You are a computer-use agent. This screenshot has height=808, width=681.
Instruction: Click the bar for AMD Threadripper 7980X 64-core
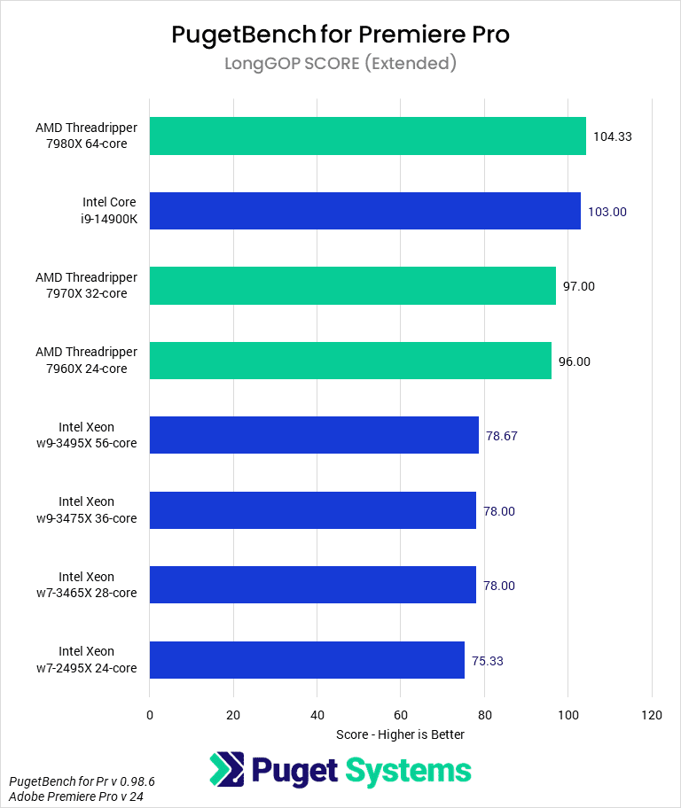point(367,136)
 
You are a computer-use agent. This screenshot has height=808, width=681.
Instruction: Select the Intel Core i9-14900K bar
point(364,211)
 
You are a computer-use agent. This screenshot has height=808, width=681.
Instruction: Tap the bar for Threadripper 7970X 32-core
point(352,285)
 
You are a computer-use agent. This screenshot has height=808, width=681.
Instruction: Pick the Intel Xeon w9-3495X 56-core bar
point(314,435)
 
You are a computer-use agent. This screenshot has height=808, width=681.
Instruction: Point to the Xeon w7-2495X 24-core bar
point(307,659)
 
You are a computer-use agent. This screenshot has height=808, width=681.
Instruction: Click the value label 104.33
point(612,136)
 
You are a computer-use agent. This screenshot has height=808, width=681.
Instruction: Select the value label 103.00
point(607,212)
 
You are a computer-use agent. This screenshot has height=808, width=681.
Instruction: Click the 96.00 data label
point(574,361)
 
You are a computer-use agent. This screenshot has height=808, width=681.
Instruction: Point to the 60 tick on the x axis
point(401,714)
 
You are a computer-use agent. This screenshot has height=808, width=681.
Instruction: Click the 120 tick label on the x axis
point(652,714)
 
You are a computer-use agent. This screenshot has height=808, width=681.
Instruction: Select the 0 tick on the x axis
point(150,714)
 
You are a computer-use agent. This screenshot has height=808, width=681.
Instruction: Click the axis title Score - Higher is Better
point(400,734)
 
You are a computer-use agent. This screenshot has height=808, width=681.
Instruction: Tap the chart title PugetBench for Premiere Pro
point(340,35)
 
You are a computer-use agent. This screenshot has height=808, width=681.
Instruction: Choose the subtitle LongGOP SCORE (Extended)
point(340,64)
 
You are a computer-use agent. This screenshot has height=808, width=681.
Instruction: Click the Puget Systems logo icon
point(227,770)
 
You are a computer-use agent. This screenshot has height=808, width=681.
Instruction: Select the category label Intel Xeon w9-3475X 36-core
point(98,510)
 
